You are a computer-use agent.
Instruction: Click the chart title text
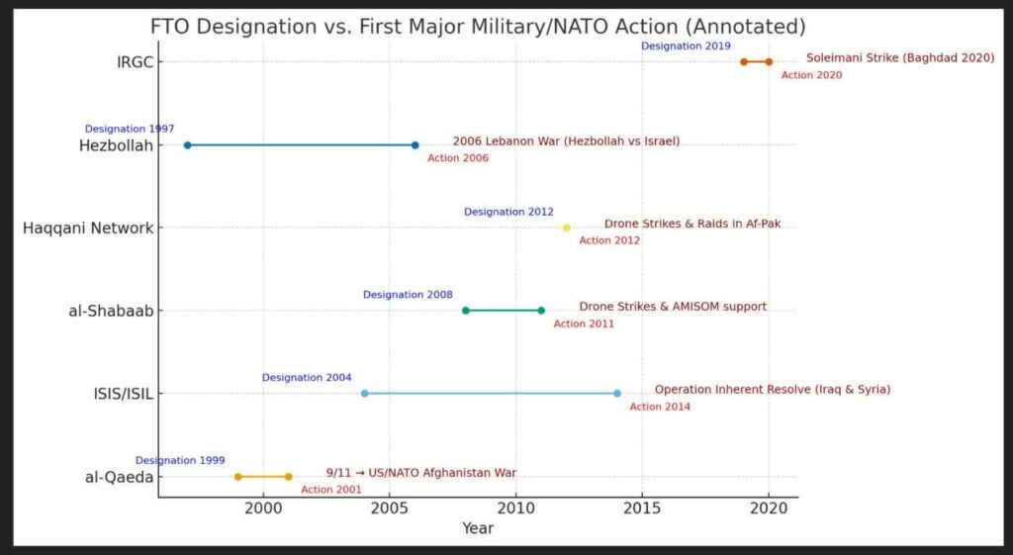478,27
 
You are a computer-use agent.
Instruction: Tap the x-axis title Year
478,528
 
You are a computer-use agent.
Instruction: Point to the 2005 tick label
390,508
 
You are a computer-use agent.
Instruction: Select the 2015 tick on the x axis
642,508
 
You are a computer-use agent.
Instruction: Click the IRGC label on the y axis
134,62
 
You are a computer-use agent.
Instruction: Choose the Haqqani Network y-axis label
88,229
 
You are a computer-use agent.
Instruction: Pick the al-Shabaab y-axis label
111,311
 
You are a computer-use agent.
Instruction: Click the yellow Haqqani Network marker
567,228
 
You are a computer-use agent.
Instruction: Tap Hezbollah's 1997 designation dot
187,145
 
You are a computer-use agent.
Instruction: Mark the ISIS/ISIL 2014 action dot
617,394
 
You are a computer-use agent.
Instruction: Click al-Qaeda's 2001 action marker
289,477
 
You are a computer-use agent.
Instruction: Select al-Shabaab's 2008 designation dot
466,311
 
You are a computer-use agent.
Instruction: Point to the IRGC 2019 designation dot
744,62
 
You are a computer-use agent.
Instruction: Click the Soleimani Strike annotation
899,58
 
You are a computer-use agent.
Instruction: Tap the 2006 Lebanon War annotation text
566,141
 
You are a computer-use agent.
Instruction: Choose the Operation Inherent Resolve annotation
772,390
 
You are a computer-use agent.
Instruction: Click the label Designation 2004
307,378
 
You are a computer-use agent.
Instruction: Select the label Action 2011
584,324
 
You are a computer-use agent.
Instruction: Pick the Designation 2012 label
508,212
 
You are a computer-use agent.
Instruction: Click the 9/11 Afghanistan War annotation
420,473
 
